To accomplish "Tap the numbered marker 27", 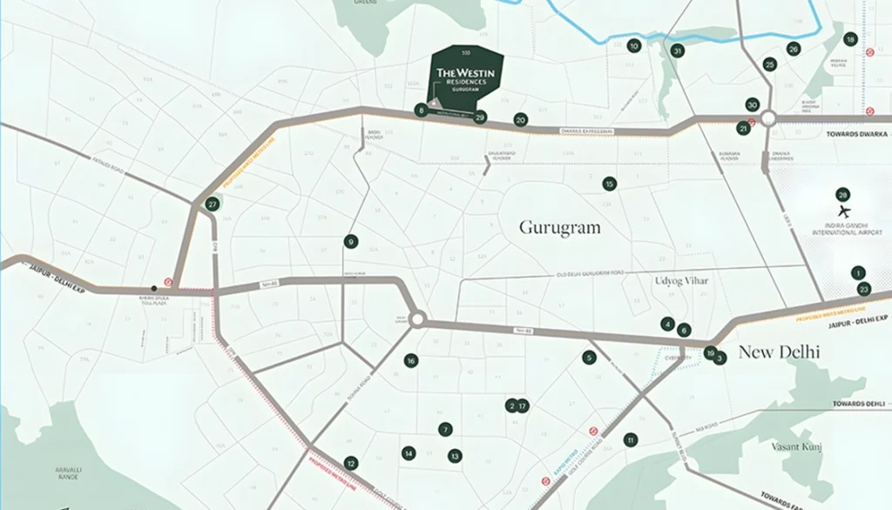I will pyautogui.click(x=213, y=205).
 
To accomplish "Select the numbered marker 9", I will pyautogui.click(x=350, y=242).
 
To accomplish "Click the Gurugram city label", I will pyautogui.click(x=560, y=227).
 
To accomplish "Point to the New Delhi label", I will pyautogui.click(x=779, y=352).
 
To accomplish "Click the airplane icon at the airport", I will pyautogui.click(x=842, y=211).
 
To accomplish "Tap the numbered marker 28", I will pyautogui.click(x=842, y=195).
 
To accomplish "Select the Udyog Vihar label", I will pyautogui.click(x=681, y=280).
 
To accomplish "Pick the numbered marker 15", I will pyautogui.click(x=609, y=184).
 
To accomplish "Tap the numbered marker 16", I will pyautogui.click(x=410, y=360).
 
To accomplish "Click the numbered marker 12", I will pyautogui.click(x=350, y=463).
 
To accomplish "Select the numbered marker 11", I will pyautogui.click(x=630, y=440).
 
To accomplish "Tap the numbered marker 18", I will pyautogui.click(x=850, y=39).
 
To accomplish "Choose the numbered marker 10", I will pyautogui.click(x=633, y=46).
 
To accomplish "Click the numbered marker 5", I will pyautogui.click(x=589, y=357).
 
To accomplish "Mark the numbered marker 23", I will pyautogui.click(x=863, y=289).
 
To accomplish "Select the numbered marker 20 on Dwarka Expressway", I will pyautogui.click(x=521, y=120).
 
